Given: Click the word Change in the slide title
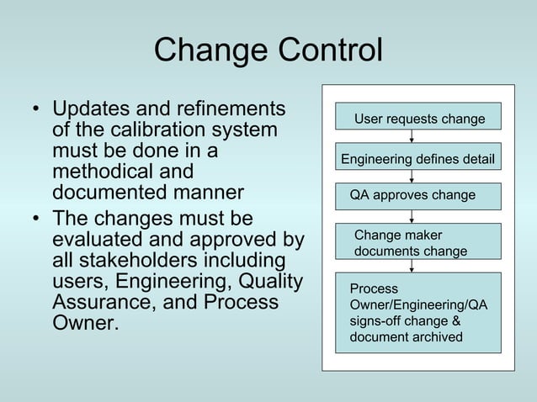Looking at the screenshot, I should [x=205, y=50].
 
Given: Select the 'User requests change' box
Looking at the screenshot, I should [x=418, y=118].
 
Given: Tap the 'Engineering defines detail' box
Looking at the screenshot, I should [x=417, y=158].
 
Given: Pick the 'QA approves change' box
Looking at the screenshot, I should [x=417, y=196].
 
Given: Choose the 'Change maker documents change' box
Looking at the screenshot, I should [x=417, y=243].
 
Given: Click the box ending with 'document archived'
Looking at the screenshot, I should [x=417, y=312].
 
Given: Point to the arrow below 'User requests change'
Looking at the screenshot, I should [x=412, y=138].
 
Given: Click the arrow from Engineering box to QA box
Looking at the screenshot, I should [x=412, y=177].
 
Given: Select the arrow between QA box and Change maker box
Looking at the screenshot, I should [x=412, y=216].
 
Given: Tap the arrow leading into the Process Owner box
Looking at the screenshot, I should [x=412, y=266].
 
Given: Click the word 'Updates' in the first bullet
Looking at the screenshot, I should [x=97, y=110].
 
